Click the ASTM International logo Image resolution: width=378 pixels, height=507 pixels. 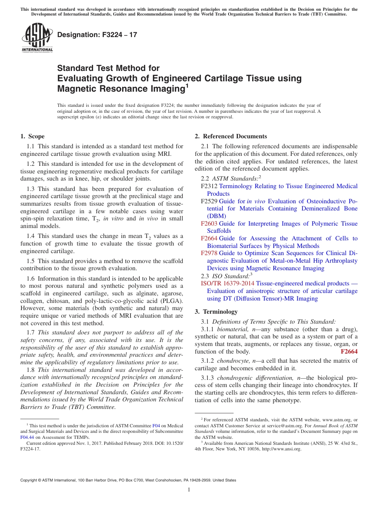coord(37,37)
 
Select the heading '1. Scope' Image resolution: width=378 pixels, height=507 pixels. coord(32,136)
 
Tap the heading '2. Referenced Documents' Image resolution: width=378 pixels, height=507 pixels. coord(231,136)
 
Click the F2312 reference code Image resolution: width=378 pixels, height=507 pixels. coord(209,186)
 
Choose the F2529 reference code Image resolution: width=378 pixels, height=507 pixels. coord(209,201)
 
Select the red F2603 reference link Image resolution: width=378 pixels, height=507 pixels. coord(209,224)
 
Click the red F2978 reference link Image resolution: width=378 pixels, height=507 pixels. coord(209,253)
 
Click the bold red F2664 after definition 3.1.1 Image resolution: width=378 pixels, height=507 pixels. coord(349,352)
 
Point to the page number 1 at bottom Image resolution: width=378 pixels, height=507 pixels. coord(189,490)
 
